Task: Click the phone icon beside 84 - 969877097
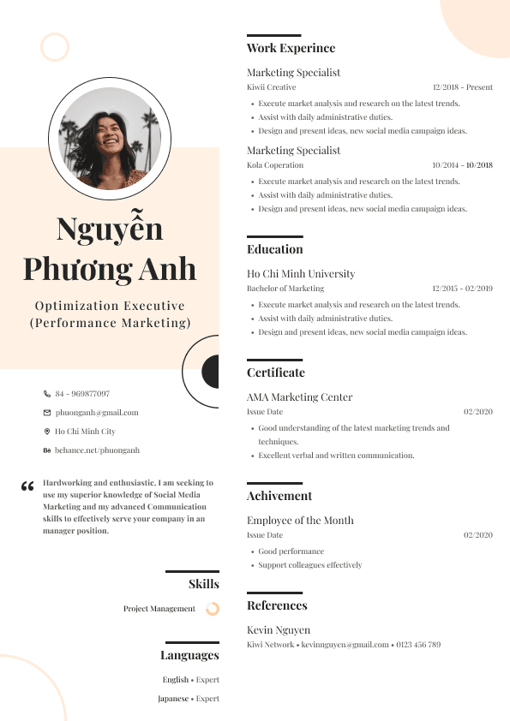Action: tap(47, 394)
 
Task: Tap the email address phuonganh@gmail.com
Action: tap(97, 413)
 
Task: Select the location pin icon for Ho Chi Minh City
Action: tap(47, 432)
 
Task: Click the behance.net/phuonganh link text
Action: tap(97, 450)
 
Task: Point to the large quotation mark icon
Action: tap(27, 487)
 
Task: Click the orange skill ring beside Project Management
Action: tap(213, 609)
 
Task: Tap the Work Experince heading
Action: tap(291, 49)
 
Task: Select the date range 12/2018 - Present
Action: tap(462, 87)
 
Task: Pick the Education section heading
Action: tap(274, 250)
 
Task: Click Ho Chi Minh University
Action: tap(301, 274)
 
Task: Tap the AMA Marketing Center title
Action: tap(299, 397)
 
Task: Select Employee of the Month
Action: tap(300, 521)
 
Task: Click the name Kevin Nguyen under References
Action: tap(279, 630)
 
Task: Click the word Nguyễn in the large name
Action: tap(110, 229)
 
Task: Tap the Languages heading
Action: tap(189, 656)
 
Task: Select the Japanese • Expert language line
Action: tap(189, 699)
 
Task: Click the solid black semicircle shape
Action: tap(211, 372)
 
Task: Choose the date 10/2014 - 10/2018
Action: tap(462, 165)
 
